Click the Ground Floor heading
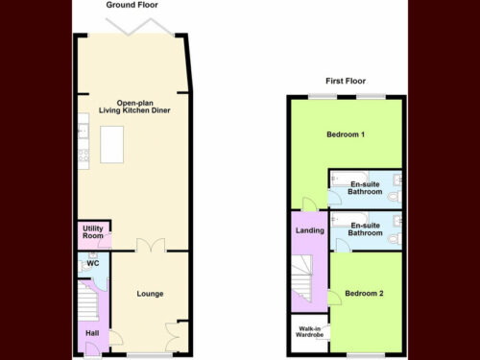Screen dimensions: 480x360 [132, 5]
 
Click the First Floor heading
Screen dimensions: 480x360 [346, 81]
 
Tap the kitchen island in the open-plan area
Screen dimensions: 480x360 [111, 145]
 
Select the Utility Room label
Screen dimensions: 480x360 [93, 232]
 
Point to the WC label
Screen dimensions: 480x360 [93, 263]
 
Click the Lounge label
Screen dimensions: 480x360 [150, 294]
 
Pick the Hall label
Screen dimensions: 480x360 [92, 333]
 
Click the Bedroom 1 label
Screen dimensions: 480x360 [346, 134]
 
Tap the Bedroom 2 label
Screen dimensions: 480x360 [364, 294]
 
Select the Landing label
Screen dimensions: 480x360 [310, 230]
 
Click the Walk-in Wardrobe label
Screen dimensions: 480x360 [309, 332]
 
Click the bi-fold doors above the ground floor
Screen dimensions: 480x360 [140, 27]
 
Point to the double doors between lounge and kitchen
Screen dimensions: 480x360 [151, 245]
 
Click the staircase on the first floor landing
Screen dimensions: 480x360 [302, 278]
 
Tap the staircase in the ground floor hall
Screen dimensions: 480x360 [88, 300]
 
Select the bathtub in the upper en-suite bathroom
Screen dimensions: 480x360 [349, 179]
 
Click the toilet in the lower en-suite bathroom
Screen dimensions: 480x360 [395, 239]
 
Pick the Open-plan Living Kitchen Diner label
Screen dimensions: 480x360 [134, 107]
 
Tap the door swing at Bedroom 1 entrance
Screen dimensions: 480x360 [310, 204]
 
